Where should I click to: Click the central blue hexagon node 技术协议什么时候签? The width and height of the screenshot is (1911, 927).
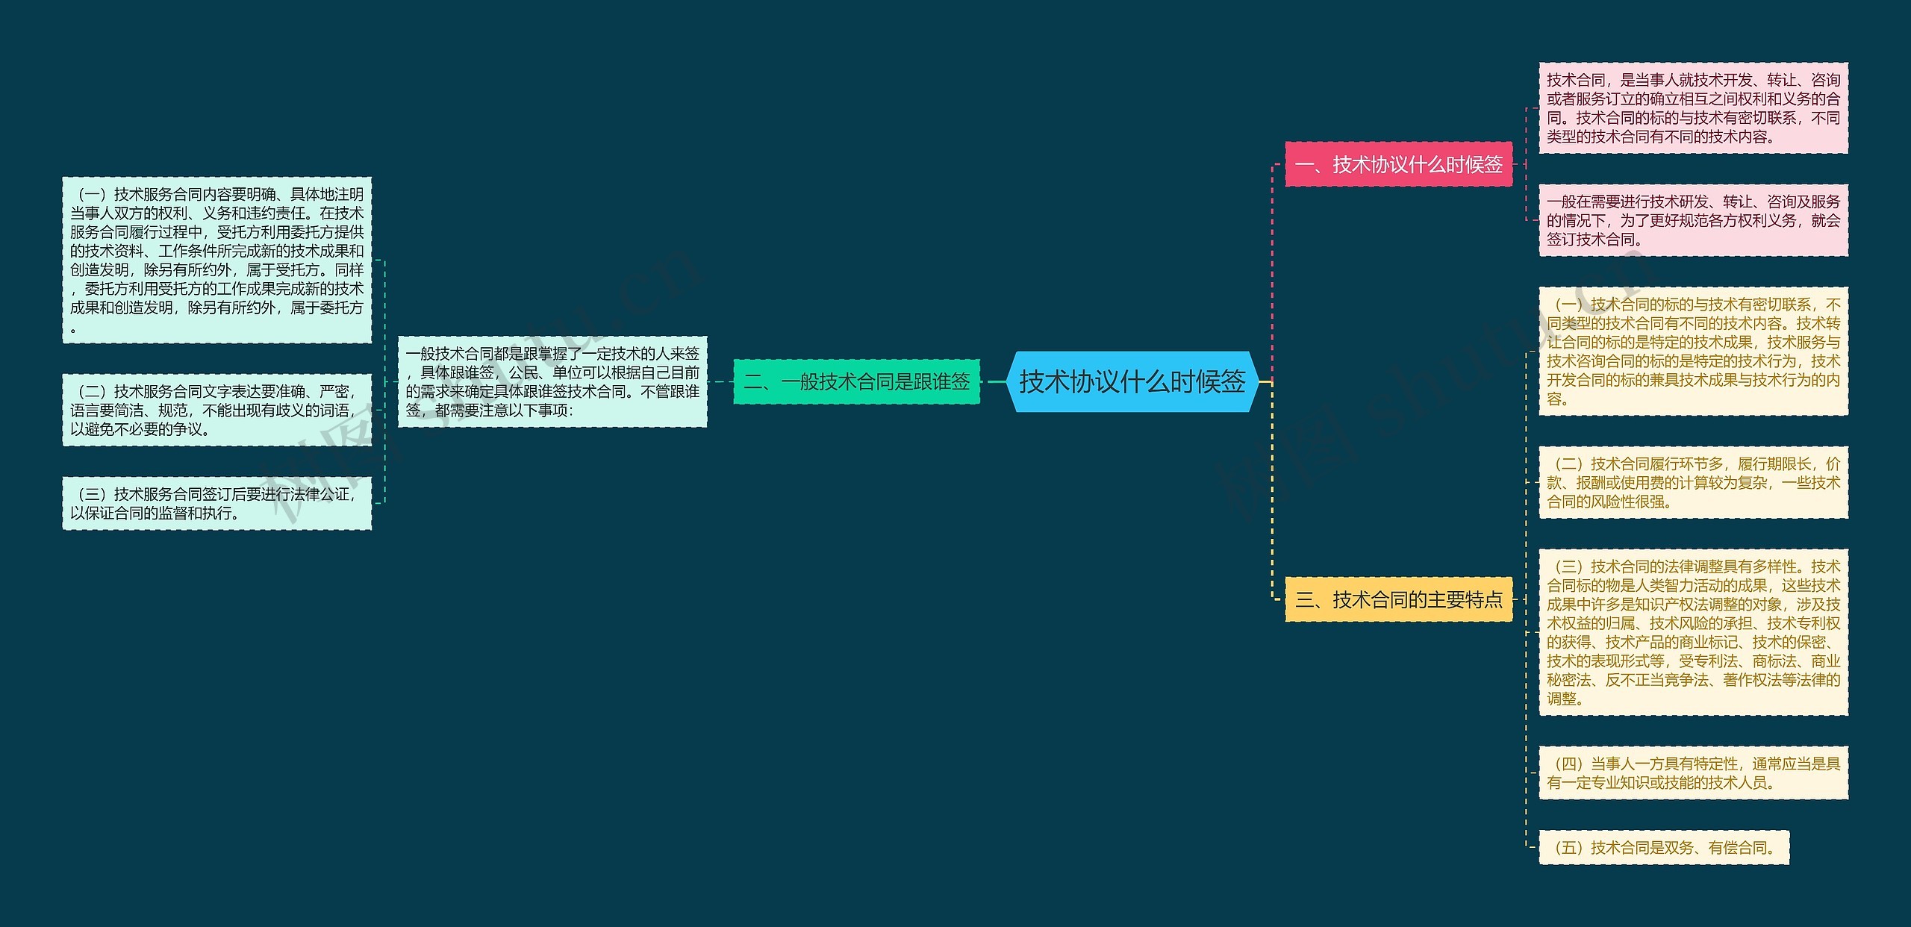click(x=1132, y=381)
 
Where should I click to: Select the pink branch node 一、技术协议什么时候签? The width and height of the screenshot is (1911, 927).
click(x=1398, y=164)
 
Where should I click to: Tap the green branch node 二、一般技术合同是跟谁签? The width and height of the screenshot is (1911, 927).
click(x=856, y=381)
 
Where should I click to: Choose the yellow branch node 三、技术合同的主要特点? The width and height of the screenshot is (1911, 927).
click(x=1398, y=599)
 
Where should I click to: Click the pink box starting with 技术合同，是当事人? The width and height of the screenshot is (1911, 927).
click(x=1693, y=108)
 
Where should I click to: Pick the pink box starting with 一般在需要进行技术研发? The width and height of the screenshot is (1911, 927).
click(x=1693, y=220)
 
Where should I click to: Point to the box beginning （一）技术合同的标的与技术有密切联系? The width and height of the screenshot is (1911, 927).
click(x=1693, y=351)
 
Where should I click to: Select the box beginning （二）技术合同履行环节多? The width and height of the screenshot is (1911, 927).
click(x=1693, y=482)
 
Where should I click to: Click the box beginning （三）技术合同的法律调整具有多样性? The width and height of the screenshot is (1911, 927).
click(x=1693, y=632)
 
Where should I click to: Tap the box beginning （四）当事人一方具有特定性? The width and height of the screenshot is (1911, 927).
click(x=1693, y=772)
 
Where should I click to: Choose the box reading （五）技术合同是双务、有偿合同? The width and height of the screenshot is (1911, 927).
click(x=1664, y=848)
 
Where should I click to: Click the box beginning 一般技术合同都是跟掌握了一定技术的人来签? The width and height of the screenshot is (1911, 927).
click(x=552, y=381)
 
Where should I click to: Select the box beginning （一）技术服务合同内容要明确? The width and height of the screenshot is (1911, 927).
click(x=216, y=260)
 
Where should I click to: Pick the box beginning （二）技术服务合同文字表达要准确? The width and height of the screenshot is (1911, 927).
click(x=216, y=410)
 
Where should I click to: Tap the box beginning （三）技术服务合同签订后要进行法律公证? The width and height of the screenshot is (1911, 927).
click(x=216, y=503)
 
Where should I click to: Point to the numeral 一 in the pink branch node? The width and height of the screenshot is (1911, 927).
click(x=1304, y=165)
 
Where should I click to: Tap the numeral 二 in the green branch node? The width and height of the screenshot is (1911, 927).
click(x=753, y=382)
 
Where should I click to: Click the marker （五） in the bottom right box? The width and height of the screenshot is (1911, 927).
click(x=1568, y=848)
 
